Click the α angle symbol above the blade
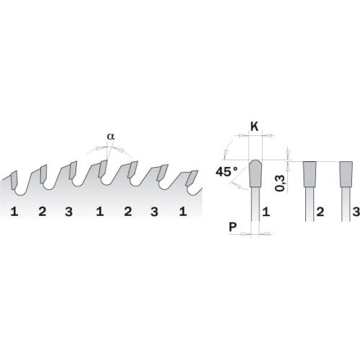[110, 135]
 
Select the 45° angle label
[228, 172]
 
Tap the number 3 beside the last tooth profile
[354, 212]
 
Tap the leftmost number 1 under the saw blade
[14, 212]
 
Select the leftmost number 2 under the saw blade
[42, 212]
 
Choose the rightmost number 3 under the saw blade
[154, 212]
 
